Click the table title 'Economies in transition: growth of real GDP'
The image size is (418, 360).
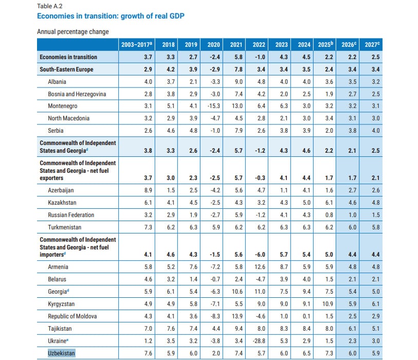(111, 16)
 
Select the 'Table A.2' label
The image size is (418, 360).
(49, 6)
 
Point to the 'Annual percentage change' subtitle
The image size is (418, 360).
(73, 32)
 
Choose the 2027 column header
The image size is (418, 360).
(372, 45)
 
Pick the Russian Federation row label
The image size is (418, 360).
(71, 214)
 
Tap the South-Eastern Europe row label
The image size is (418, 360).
(67, 69)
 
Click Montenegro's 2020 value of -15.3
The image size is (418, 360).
(213, 106)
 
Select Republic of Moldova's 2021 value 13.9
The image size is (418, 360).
(238, 316)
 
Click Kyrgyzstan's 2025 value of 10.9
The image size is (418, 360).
(325, 304)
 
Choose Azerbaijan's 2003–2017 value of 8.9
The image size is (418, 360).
(148, 190)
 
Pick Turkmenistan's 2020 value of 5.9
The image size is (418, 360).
(214, 227)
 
